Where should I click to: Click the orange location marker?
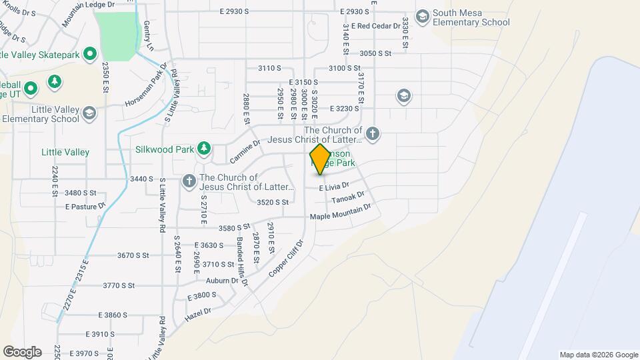320,159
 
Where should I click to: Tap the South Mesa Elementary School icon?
422,15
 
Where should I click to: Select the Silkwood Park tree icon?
207,148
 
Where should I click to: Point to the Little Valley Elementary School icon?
89,113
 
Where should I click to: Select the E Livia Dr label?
334,187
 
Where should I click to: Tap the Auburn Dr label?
222,281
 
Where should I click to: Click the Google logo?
22,352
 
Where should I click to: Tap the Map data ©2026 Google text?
599,355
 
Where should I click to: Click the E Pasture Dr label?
85,207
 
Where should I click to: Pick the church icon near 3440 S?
189,180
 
